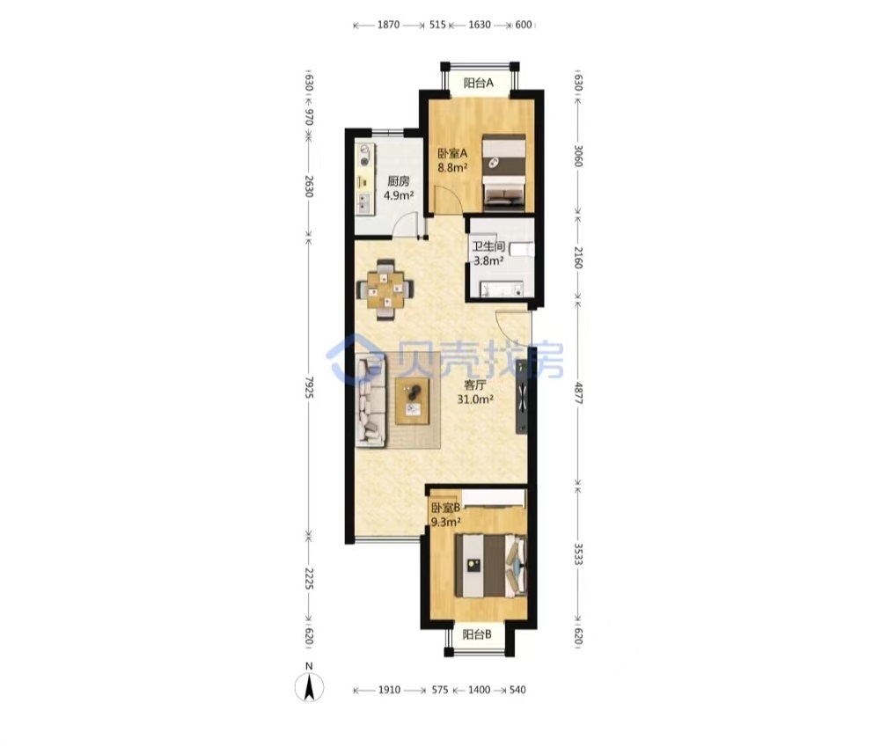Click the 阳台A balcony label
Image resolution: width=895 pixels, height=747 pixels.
[479, 84]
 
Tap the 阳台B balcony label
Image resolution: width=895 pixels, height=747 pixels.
[477, 634]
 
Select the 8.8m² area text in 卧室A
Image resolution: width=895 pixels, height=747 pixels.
[452, 168]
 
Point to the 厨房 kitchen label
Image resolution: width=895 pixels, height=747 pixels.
[399, 181]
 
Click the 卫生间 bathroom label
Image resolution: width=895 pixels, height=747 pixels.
[488, 246]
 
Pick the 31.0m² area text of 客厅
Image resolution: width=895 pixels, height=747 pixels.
[475, 399]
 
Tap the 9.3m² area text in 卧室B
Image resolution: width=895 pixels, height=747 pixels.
[446, 522]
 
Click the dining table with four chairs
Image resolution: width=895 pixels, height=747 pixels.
[385, 289]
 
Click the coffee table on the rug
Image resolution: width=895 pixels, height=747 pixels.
[413, 400]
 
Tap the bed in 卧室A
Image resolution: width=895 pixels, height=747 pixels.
[503, 173]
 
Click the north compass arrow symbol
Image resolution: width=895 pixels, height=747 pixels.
[309, 686]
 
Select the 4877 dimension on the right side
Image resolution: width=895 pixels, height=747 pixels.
[577, 392]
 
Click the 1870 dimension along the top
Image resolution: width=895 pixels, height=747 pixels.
[388, 26]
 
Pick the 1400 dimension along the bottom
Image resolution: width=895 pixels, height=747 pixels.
[479, 690]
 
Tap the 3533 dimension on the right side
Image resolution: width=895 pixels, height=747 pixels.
[577, 553]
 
